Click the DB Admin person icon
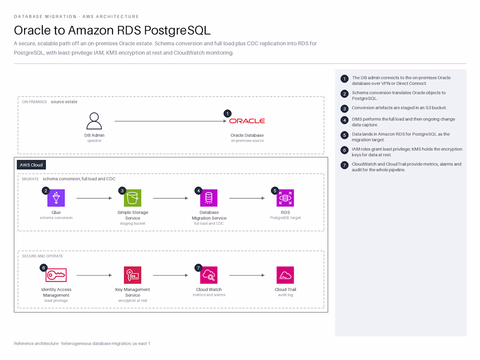[x=94, y=121]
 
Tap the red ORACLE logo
[x=247, y=121]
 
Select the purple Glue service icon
[x=56, y=198]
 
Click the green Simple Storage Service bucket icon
[x=133, y=198]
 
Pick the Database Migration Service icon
[x=209, y=198]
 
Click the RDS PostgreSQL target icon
[x=285, y=198]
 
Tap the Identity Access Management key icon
[x=56, y=275]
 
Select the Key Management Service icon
[x=133, y=275]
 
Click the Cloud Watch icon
[x=209, y=275]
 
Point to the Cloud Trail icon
[x=285, y=275]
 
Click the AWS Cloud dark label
[x=31, y=165]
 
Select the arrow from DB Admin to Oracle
[x=171, y=121]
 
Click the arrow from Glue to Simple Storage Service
[x=94, y=199]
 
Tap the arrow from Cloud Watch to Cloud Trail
[x=247, y=275]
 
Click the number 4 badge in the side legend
[x=344, y=120]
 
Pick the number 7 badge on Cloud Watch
[x=199, y=268]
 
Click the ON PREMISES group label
[x=34, y=102]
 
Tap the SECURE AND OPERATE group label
[x=43, y=256]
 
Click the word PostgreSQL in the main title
[x=177, y=31]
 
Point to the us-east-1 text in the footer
[x=141, y=344]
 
